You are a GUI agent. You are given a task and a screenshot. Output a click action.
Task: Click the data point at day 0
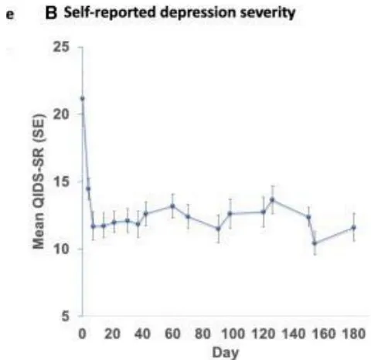coord(83,98)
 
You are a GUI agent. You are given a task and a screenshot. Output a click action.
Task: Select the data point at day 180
coord(354,227)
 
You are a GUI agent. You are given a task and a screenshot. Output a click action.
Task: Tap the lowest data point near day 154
coord(315,243)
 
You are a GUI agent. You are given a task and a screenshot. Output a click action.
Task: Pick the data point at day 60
coord(172,206)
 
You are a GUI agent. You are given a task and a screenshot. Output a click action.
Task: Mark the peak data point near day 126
coord(272,199)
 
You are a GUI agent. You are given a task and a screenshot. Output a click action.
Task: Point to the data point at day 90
coord(218,229)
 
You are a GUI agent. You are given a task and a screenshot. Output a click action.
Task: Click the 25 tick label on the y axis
coord(61,47)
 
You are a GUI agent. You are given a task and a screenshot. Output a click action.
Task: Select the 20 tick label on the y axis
coord(61,114)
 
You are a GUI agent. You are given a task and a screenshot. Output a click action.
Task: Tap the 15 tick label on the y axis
coord(61,182)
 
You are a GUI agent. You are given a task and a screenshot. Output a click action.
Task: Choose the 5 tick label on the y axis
coord(66,316)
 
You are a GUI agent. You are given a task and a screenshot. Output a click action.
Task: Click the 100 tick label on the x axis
coord(233,334)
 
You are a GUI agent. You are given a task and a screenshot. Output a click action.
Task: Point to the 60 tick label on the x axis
coord(172,334)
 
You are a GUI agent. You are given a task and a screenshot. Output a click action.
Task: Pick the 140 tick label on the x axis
coord(294,334)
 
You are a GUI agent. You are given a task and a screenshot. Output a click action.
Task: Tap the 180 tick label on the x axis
coord(354,334)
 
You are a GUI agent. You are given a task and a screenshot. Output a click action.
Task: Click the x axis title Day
coord(226,352)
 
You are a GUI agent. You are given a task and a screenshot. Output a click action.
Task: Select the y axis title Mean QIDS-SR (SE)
coord(39,182)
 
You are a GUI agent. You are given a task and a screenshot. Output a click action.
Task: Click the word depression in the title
coord(198,13)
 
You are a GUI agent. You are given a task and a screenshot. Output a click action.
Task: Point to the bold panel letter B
coord(51,13)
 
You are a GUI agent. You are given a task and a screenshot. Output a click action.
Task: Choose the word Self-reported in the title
coord(110,13)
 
